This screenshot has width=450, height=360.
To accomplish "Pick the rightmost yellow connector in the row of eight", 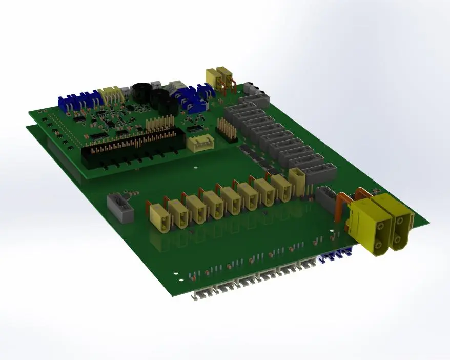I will pos(281,189).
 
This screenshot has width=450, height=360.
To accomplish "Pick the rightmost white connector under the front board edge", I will pos(308,264).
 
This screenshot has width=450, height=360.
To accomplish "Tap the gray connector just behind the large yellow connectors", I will pos(326,197).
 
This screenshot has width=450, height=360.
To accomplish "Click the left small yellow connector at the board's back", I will pos(212,78).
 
